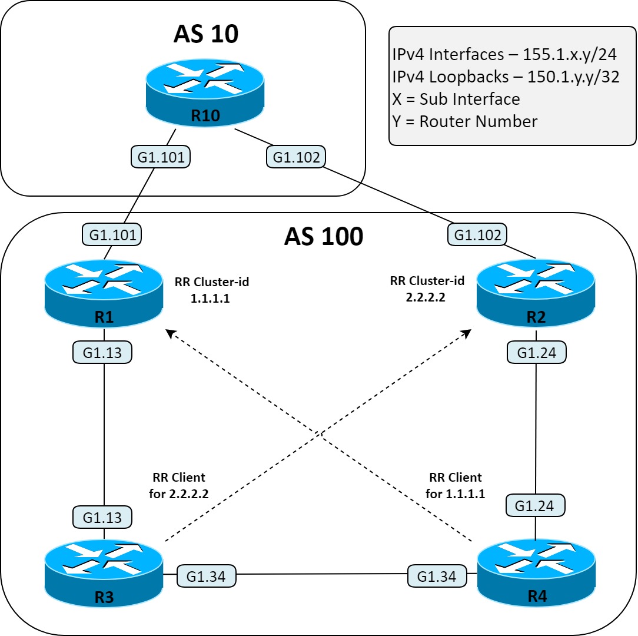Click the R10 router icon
point(205,92)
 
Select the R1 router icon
point(104,293)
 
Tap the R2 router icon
point(536,293)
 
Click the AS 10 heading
point(205,34)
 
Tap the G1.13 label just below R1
point(102,352)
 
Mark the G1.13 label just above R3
point(102,517)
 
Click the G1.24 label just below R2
point(536,353)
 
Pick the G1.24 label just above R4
point(535,505)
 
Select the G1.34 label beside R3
point(206,576)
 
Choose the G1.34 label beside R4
point(437,576)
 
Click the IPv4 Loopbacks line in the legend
point(506,77)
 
